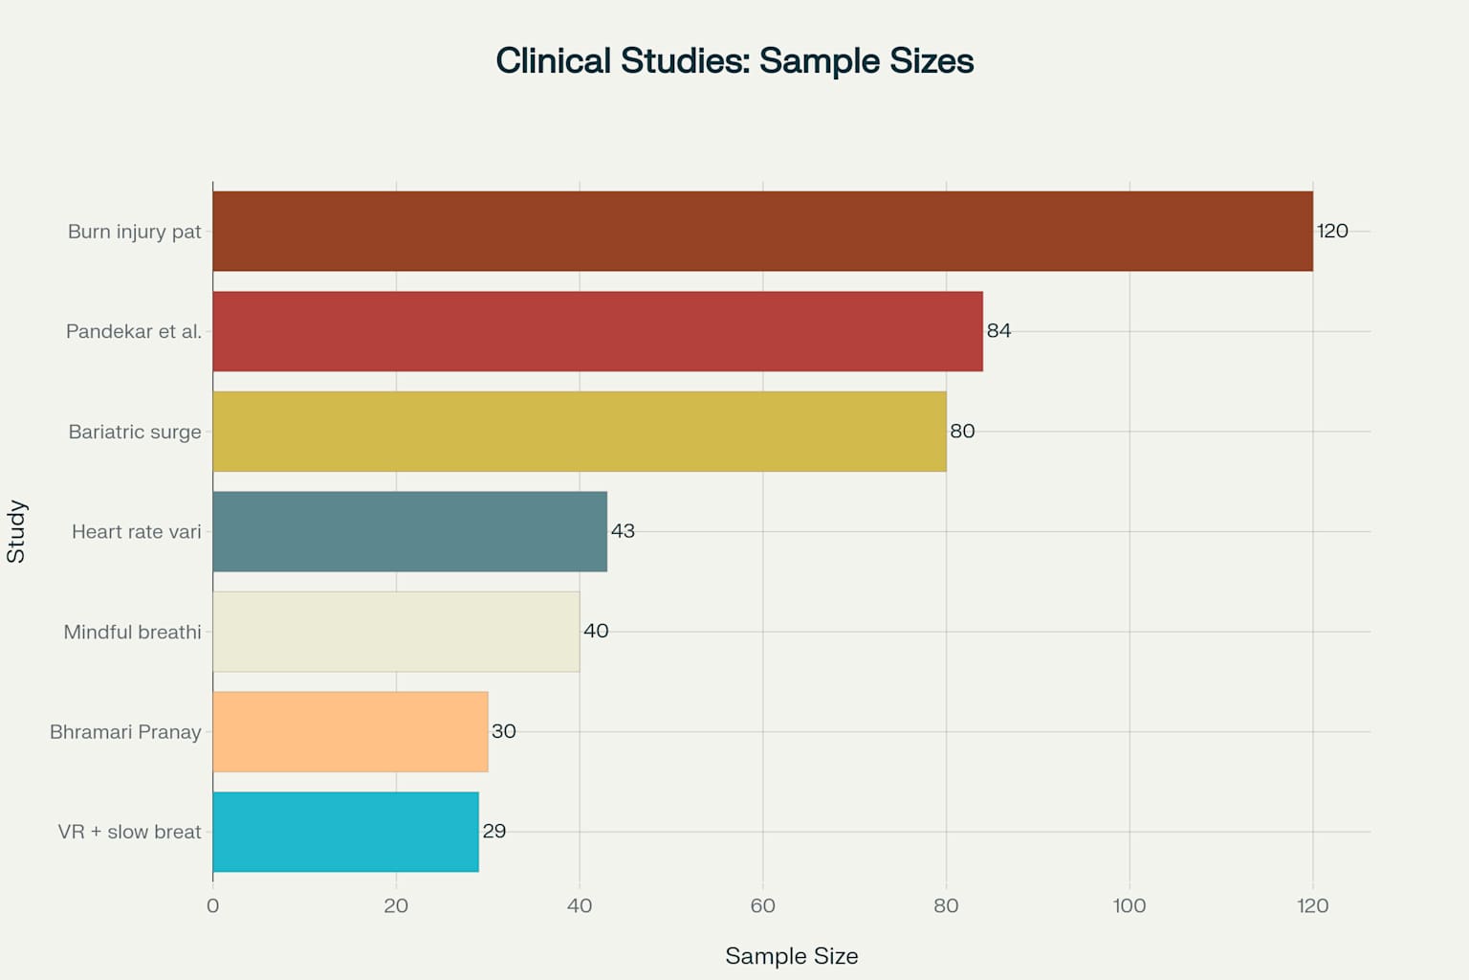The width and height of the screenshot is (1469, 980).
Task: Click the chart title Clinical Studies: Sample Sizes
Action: point(734,61)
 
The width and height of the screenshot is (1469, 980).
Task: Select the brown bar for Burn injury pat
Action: point(762,231)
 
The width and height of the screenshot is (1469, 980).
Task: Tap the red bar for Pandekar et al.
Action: point(598,331)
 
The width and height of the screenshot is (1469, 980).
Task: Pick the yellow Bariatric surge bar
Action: point(580,432)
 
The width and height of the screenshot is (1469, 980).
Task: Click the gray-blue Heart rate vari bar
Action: point(409,531)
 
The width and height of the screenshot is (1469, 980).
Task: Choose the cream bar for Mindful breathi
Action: point(396,632)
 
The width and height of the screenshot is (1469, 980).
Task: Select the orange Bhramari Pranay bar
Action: point(350,731)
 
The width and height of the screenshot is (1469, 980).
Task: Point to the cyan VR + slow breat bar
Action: point(345,832)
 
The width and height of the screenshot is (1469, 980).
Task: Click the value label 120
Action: point(1332,231)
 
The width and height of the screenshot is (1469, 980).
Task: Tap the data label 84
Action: point(998,331)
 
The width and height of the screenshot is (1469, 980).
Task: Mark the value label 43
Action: point(623,531)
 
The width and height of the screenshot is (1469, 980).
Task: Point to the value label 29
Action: point(494,831)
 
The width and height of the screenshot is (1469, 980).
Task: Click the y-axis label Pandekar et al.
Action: point(134,331)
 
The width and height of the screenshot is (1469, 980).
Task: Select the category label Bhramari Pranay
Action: point(125,732)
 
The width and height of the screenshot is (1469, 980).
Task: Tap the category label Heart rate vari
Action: point(137,531)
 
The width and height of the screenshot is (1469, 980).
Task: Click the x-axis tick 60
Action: point(762,905)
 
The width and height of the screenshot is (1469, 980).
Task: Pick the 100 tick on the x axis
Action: point(1129,905)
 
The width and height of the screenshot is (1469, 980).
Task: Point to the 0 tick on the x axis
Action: point(212,905)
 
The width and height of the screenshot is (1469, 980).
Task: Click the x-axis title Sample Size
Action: point(791,955)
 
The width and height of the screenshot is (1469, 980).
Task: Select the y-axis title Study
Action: point(16,531)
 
